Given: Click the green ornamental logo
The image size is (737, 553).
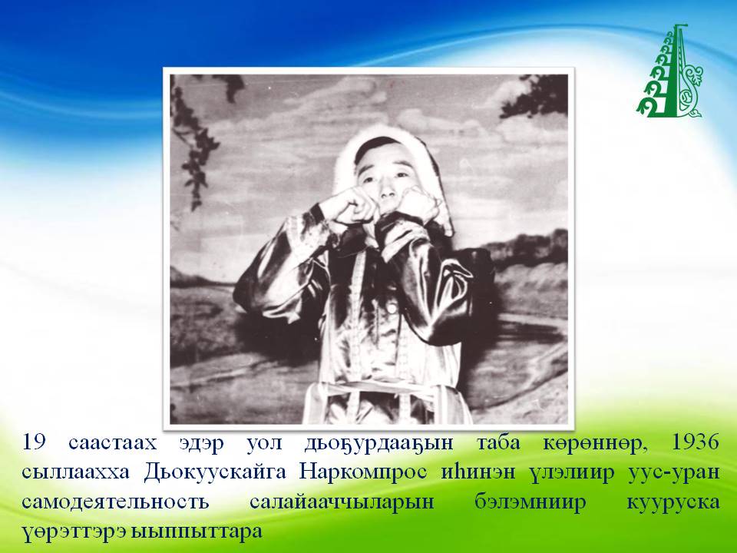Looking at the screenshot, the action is (x=670, y=71).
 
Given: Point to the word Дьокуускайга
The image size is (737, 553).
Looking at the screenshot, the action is (x=214, y=472).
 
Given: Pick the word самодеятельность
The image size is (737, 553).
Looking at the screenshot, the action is (x=115, y=502).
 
